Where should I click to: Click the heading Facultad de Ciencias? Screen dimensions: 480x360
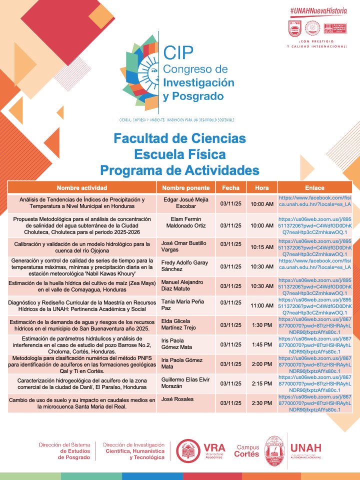point(179,138)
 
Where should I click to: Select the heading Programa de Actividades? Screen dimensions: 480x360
point(179,170)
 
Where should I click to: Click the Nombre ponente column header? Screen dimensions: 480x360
point(185,188)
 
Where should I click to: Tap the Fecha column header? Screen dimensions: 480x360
point(230,188)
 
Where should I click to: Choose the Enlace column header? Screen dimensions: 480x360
point(314,188)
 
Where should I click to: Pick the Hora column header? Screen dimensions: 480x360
point(261,188)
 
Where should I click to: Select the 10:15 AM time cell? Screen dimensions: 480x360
point(261,246)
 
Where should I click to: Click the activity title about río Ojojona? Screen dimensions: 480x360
point(81,246)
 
